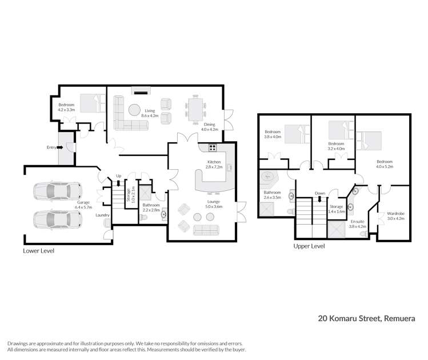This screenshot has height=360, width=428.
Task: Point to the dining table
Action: click(195, 106)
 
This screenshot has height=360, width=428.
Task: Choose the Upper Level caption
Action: click(309, 246)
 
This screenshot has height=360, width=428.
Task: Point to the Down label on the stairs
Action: click(319, 193)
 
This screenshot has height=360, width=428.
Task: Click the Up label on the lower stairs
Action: click(119, 175)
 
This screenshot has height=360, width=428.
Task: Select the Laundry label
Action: click(102, 215)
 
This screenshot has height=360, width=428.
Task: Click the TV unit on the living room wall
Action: click(141, 90)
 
